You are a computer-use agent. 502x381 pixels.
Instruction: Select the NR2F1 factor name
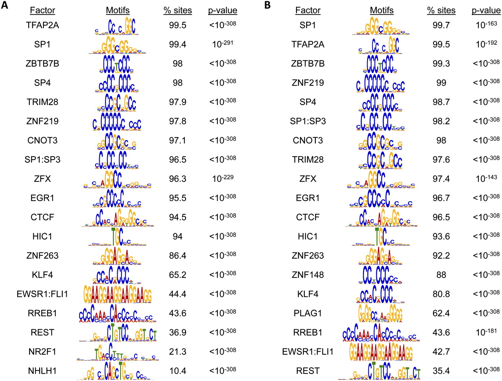pos(42,352)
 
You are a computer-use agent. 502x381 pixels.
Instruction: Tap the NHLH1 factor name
pos(42,371)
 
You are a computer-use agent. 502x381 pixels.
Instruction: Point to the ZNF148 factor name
pos(308,275)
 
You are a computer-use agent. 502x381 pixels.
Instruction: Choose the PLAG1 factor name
pos(308,313)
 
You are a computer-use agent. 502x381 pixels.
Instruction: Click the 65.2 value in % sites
pos(178,275)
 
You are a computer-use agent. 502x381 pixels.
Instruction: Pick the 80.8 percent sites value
pos(441,294)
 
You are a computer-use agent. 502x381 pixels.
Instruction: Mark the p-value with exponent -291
pos(222,44)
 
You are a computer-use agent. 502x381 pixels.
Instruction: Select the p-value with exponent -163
pos(486,25)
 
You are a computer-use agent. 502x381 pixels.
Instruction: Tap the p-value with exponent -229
pos(222,179)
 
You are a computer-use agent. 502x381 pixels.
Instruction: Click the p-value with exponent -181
pos(486,332)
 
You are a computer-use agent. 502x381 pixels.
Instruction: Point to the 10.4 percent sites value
pos(178,371)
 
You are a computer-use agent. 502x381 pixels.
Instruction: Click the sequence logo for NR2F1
pos(118,351)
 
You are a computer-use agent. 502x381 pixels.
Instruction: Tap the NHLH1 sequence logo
pos(118,370)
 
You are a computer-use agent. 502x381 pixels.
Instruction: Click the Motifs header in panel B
pos(382,11)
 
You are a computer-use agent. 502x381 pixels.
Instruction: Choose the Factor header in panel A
pos(42,11)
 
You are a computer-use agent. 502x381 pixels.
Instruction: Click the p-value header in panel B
pos(486,11)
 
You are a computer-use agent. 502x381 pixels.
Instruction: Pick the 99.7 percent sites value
pos(441,25)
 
